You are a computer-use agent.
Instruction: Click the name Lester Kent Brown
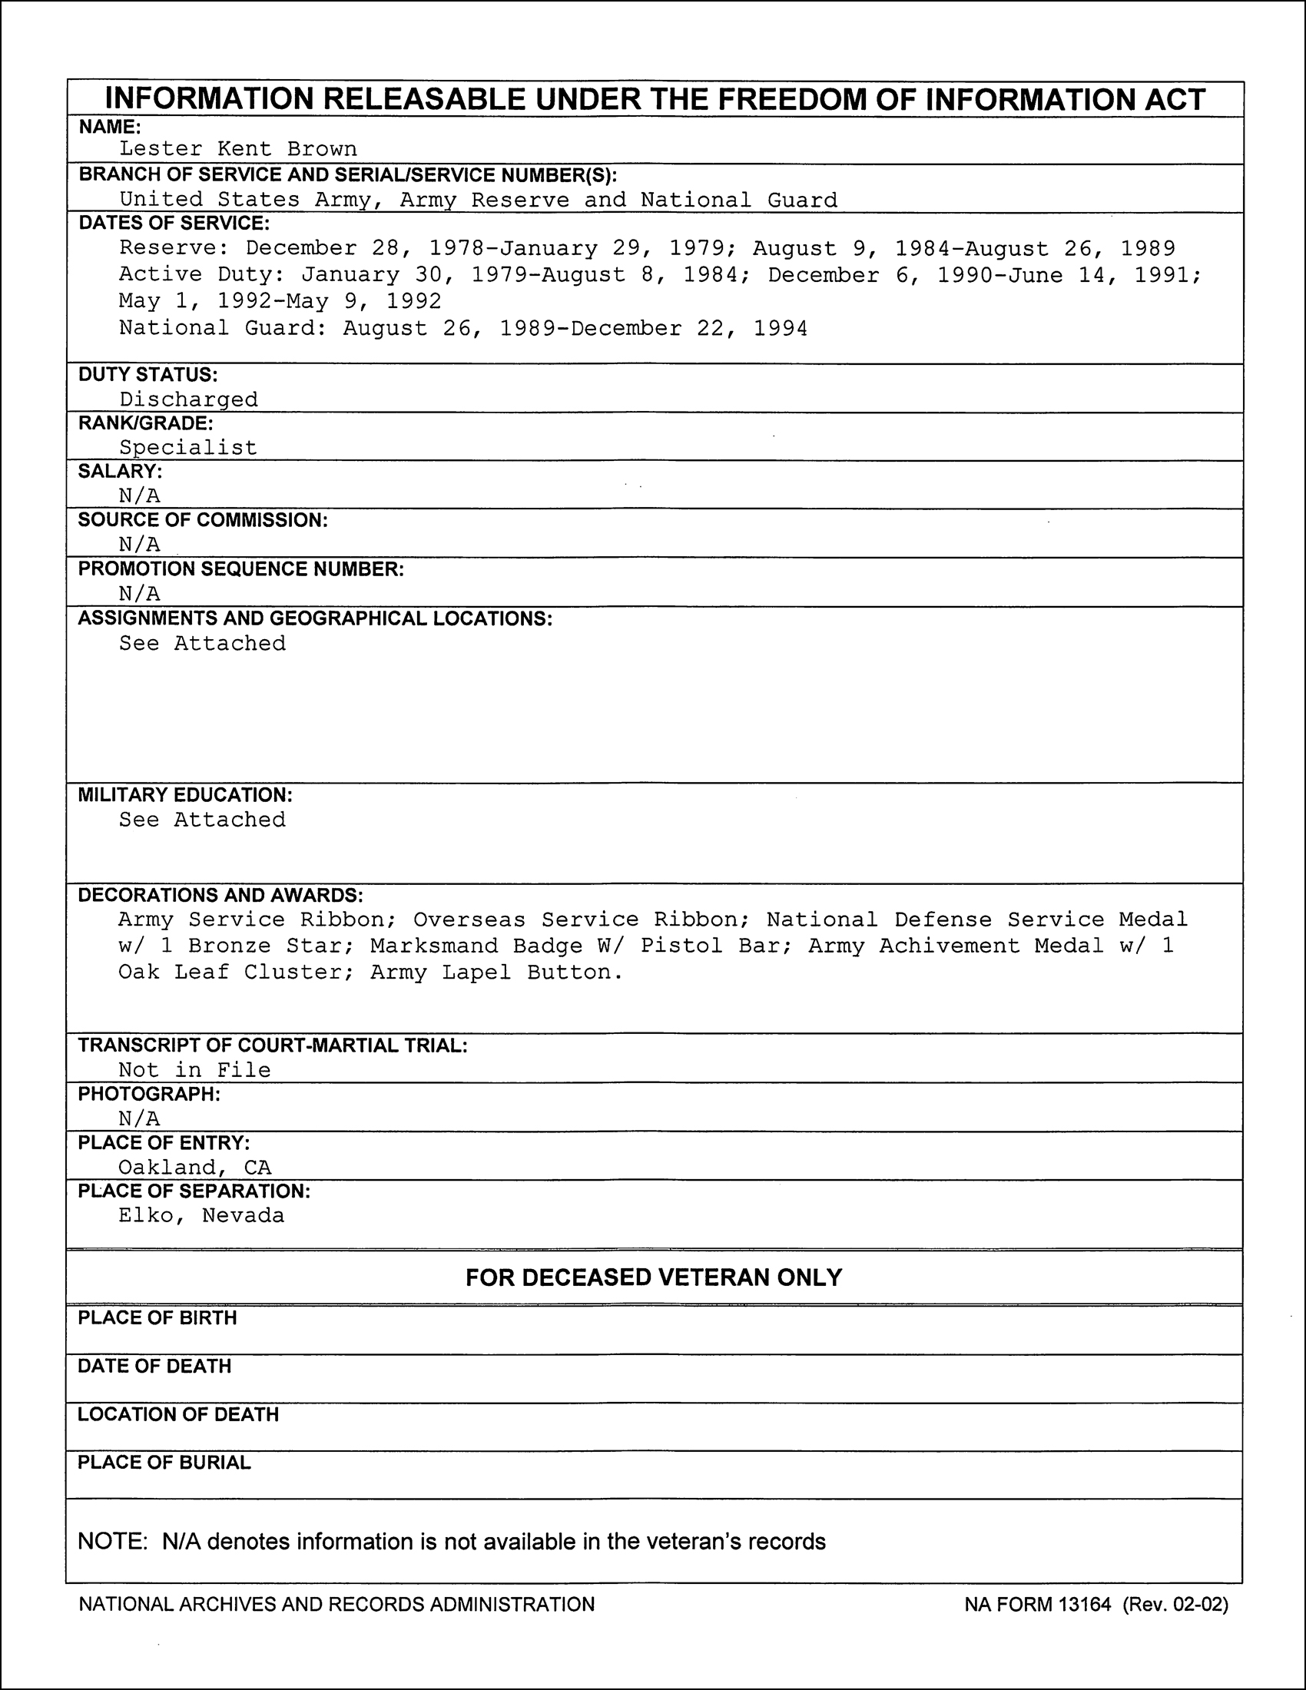[x=237, y=148]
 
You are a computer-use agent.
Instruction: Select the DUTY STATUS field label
[x=148, y=375]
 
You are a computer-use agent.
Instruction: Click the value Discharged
[x=188, y=399]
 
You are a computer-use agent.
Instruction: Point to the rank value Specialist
[x=187, y=447]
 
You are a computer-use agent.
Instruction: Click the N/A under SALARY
[x=139, y=495]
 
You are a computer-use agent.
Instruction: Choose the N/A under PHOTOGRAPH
[x=139, y=1118]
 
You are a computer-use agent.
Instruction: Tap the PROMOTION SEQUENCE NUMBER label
[x=240, y=568]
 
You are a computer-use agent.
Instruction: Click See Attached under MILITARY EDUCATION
[x=202, y=820]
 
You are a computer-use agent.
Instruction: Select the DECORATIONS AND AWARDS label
[x=220, y=894]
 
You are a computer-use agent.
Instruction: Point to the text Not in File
[x=194, y=1070]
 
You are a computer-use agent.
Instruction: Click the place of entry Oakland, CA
[x=194, y=1167]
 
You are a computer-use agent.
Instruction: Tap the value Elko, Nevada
[x=201, y=1216]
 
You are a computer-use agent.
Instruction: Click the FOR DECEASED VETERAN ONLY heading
[x=654, y=1277]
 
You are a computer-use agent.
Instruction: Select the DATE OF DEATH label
[x=154, y=1366]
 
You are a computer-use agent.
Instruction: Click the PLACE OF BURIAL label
[x=164, y=1463]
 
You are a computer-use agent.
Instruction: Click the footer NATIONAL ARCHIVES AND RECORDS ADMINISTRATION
[x=336, y=1604]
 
